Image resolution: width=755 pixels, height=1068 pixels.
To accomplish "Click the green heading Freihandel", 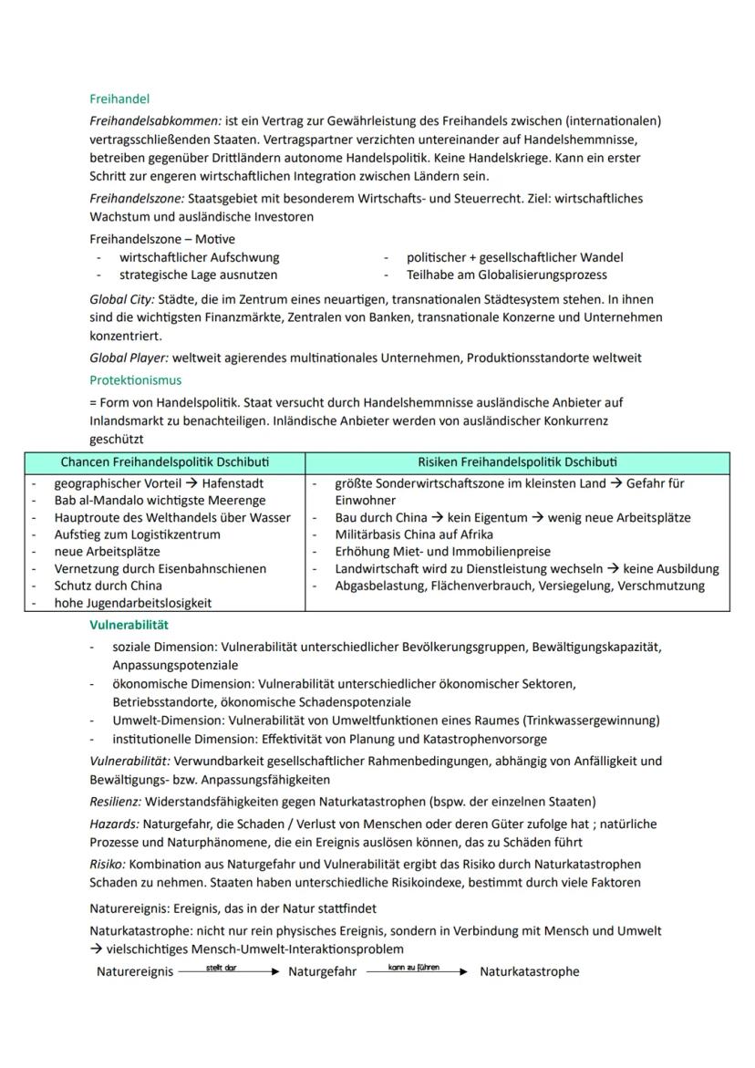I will tap(119, 99).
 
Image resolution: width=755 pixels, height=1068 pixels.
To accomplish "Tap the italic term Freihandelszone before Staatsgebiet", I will tap(136, 198).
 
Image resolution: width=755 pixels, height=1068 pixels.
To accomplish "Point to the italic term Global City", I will tap(122, 299).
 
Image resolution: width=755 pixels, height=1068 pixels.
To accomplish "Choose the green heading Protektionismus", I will tap(135, 379).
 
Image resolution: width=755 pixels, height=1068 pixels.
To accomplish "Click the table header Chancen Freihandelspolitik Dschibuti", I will tap(165, 462).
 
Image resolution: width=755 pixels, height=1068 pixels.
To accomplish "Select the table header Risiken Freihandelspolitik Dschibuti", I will tap(518, 462).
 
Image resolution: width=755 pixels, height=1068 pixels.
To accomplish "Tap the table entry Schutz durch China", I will tap(108, 586).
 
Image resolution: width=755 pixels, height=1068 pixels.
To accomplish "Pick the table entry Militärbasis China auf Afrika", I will tap(414, 534).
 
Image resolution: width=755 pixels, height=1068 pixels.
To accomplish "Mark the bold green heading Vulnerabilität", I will tap(129, 625).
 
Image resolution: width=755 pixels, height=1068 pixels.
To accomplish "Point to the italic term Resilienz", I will tap(115, 802).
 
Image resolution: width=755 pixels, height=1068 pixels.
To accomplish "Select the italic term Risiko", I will tap(108, 864).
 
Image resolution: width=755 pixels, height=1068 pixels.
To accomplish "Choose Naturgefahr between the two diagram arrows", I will tap(322, 972).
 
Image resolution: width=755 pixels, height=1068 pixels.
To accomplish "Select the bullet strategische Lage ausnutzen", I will tap(199, 275).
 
